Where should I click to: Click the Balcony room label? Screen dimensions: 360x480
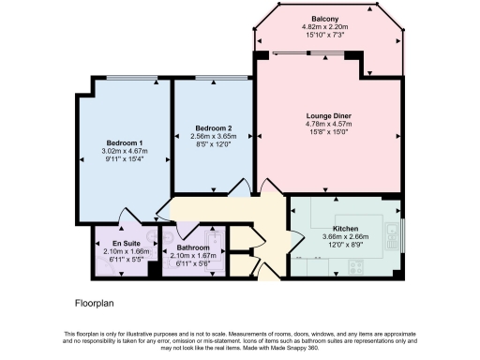324,19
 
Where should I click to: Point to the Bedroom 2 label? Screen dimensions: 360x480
214,127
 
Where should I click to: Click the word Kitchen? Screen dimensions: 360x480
345,229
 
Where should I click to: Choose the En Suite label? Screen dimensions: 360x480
113,244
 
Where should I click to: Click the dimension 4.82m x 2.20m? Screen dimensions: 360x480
324,27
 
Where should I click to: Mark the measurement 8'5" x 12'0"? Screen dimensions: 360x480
214,144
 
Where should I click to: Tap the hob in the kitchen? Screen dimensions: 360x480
359,266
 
